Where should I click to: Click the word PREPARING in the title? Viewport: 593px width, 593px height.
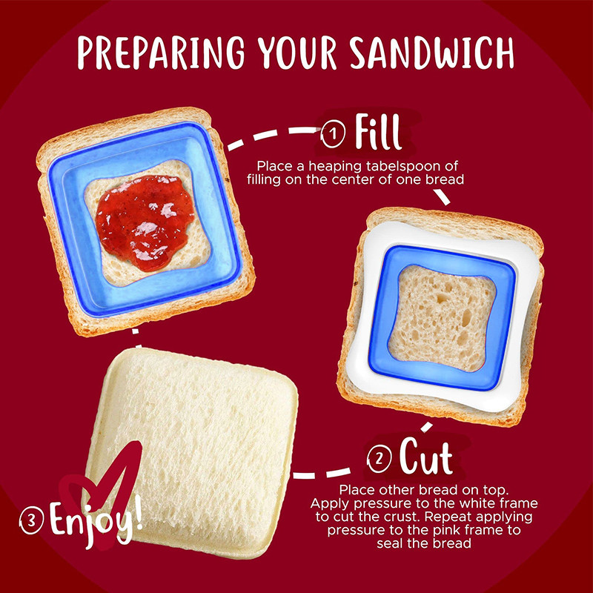161,53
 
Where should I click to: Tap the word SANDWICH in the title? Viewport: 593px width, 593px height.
431,53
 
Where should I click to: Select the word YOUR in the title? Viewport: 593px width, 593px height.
297,53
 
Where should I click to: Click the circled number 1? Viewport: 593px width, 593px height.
333,133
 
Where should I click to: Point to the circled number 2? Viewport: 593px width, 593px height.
380,459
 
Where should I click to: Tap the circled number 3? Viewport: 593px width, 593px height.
32,520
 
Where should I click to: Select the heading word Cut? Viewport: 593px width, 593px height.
425,456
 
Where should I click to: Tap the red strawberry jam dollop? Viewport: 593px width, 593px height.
145,222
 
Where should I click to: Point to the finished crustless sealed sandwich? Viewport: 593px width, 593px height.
191,453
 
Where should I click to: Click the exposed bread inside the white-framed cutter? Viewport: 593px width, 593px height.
442,318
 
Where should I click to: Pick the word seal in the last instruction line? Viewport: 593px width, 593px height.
391,543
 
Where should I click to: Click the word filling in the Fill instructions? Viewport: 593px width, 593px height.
265,180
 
